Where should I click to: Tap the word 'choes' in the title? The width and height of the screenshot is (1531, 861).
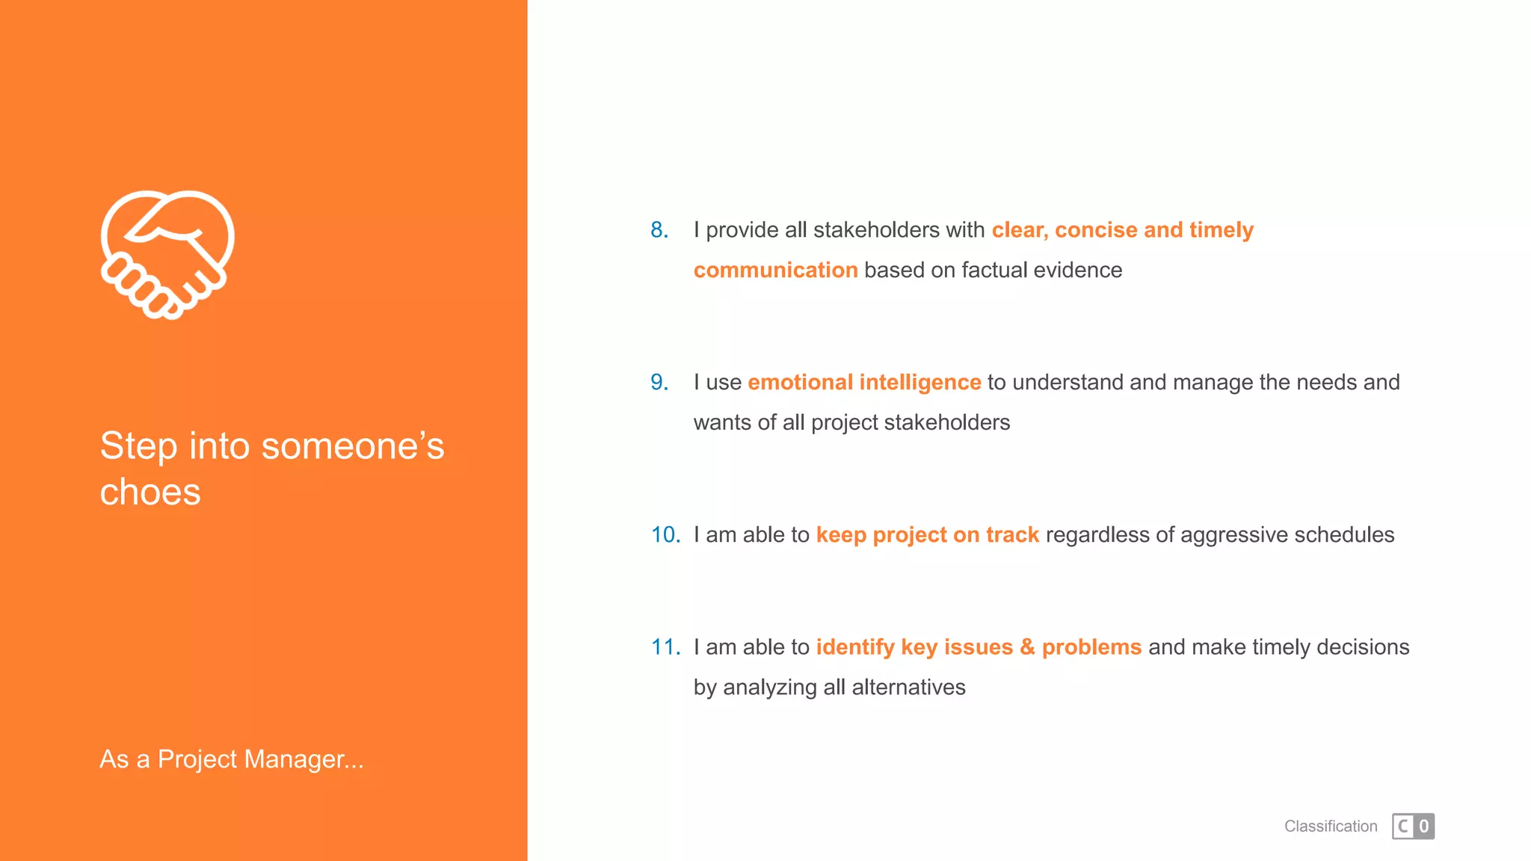click(150, 493)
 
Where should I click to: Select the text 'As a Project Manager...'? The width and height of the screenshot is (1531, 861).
click(232, 759)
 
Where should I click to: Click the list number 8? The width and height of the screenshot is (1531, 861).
click(659, 230)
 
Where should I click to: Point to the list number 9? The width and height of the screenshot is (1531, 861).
click(659, 383)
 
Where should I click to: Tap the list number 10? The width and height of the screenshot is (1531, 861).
click(665, 535)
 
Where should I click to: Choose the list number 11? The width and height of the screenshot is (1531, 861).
click(665, 647)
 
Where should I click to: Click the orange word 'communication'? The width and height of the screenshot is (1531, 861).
click(775, 271)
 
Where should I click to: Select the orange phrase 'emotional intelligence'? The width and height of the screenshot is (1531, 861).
click(864, 383)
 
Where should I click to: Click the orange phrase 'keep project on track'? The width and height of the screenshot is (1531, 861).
click(927, 535)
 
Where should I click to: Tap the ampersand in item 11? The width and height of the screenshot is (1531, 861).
click(1027, 647)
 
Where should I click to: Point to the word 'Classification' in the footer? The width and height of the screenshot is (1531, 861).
click(1331, 827)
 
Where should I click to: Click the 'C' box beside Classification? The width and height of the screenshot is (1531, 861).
click(1403, 827)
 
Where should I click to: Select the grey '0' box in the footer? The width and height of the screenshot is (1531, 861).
click(1424, 827)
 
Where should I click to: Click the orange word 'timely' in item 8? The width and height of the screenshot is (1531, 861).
click(1221, 230)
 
